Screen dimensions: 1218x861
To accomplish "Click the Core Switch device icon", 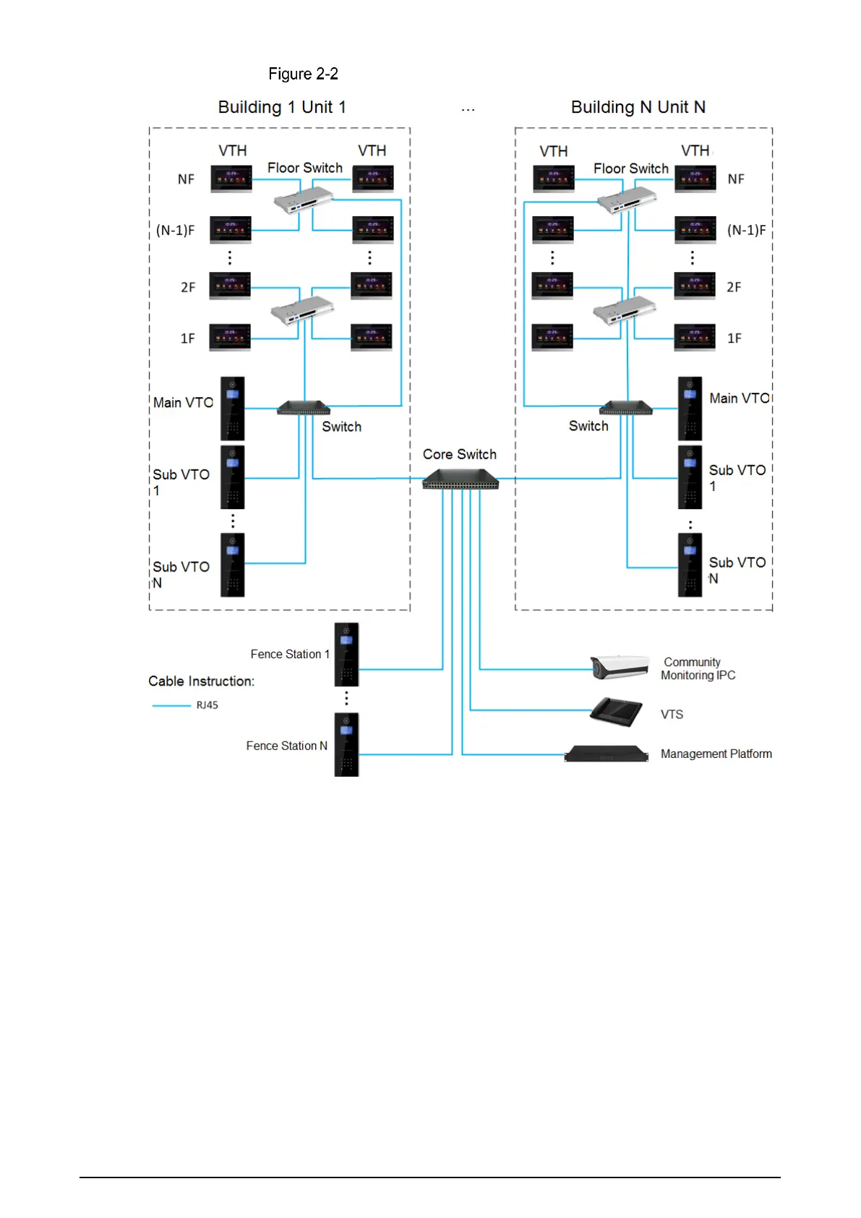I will pos(461,479).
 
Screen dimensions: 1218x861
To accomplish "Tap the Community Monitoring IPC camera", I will pos(620,666).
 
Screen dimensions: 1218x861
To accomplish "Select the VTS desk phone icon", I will pos(616,712).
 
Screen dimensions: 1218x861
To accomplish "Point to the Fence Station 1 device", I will pos(346,655).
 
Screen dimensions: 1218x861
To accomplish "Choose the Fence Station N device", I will pos(346,745).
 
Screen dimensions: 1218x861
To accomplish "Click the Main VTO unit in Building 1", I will pos(232,409).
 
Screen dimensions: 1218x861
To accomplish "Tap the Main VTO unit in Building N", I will pos(690,409).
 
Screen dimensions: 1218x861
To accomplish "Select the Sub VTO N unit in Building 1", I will pos(232,565).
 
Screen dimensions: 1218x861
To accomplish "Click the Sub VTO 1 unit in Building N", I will pos(690,477).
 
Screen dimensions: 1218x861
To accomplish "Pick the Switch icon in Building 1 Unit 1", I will pos(304,409).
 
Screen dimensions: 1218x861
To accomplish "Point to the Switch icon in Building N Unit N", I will pos(626,409).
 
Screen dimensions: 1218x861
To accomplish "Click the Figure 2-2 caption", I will pos(303,74).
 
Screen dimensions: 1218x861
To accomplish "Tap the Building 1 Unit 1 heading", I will pos(282,107).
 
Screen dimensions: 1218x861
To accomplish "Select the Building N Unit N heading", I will pos(638,107).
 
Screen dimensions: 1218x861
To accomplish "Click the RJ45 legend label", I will pos(207,705).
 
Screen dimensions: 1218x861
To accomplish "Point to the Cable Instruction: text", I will pos(201,681).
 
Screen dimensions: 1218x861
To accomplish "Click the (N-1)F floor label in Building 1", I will pos(176,231).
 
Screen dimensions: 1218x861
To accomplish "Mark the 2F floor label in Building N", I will pos(734,287).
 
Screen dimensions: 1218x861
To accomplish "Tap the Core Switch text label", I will pos(460,454).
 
